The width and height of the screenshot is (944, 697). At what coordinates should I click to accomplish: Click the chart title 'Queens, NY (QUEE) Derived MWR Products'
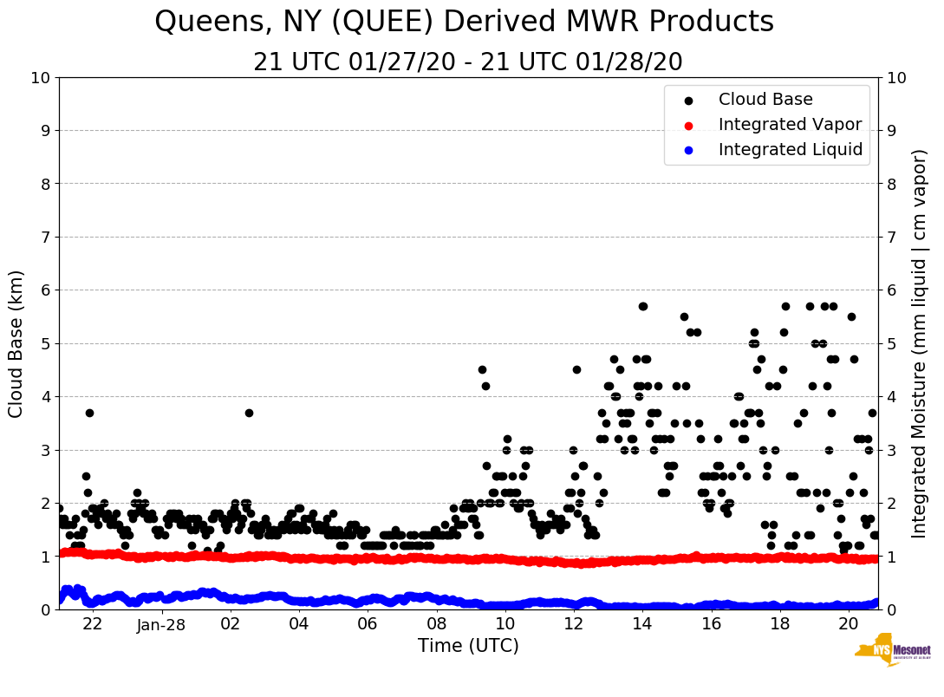pos(464,22)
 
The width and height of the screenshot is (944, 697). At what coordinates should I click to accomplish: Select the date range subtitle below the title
pos(468,62)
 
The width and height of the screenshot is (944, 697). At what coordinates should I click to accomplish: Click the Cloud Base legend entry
pos(765,100)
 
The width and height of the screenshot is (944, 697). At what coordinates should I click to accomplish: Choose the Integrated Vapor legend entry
pos(790,125)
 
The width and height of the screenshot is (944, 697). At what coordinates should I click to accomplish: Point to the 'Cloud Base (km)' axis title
pos(16,343)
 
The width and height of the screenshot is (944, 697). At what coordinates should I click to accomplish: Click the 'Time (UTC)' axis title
pos(468,646)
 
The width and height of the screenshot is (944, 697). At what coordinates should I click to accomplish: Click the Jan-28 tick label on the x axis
pos(162,624)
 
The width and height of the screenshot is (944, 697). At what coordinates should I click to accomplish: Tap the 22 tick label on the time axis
pos(93,624)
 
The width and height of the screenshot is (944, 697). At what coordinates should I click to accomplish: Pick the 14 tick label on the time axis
pos(642,624)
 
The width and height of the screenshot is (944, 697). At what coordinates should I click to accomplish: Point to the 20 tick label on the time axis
pos(849,624)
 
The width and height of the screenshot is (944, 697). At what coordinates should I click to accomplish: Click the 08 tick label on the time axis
pos(436,624)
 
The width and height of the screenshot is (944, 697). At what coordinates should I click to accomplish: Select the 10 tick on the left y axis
pos(40,78)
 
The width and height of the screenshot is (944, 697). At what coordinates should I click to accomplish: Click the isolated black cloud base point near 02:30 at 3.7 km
pos(249,413)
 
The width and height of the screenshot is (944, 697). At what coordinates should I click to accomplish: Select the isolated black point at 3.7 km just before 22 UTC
pos(89,413)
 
